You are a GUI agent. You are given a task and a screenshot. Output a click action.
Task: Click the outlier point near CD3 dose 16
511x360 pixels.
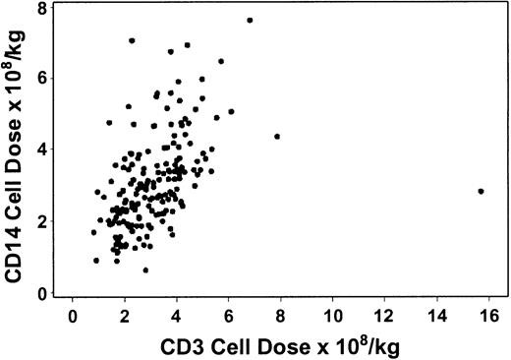pyautogui.click(x=481, y=191)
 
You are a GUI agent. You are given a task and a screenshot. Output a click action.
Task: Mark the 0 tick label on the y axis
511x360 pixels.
pyautogui.click(x=43, y=294)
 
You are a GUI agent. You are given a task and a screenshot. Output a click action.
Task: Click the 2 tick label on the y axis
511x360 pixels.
pyautogui.click(x=43, y=222)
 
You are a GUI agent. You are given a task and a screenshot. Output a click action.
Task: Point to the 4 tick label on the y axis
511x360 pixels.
pyautogui.click(x=43, y=150)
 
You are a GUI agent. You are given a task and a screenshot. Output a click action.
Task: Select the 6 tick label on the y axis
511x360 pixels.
pyautogui.click(x=43, y=79)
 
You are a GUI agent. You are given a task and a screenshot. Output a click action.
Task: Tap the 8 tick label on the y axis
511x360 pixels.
pyautogui.click(x=43, y=8)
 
